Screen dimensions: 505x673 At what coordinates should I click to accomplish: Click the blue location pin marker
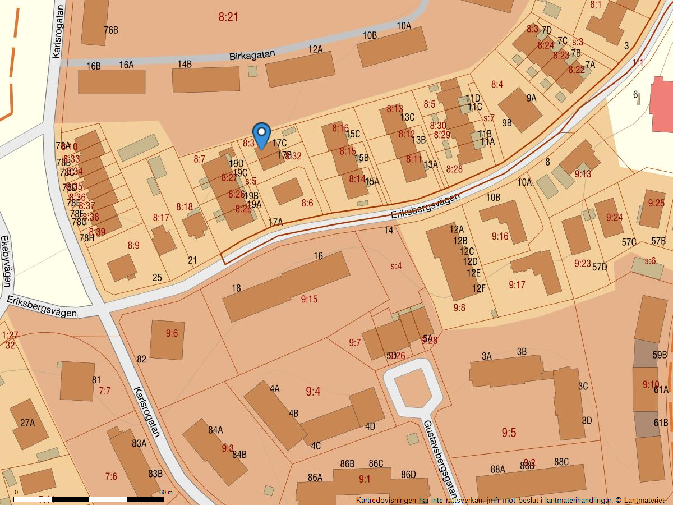coord(261,135)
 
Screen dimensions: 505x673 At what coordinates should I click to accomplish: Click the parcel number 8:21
coord(228,17)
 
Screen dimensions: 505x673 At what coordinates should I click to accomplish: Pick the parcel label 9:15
coord(309,300)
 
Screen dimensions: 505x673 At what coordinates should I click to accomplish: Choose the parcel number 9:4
coord(313,392)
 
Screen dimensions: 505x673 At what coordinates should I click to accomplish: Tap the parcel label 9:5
coord(509,433)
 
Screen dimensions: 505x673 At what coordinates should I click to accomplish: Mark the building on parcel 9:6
coord(167,340)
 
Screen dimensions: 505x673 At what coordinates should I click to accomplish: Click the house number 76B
coord(111,30)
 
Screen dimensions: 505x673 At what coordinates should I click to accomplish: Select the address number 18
coord(236,288)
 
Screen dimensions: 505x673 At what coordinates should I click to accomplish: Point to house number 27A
coord(27,423)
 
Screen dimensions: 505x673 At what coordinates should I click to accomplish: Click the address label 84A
coord(215,430)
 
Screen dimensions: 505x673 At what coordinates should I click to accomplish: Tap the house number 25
coord(157,278)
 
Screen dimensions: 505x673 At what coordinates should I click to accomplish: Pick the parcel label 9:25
coord(656,203)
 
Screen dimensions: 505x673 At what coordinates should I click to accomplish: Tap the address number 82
coord(141,359)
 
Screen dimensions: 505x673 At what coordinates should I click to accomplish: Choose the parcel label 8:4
coord(497,85)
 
